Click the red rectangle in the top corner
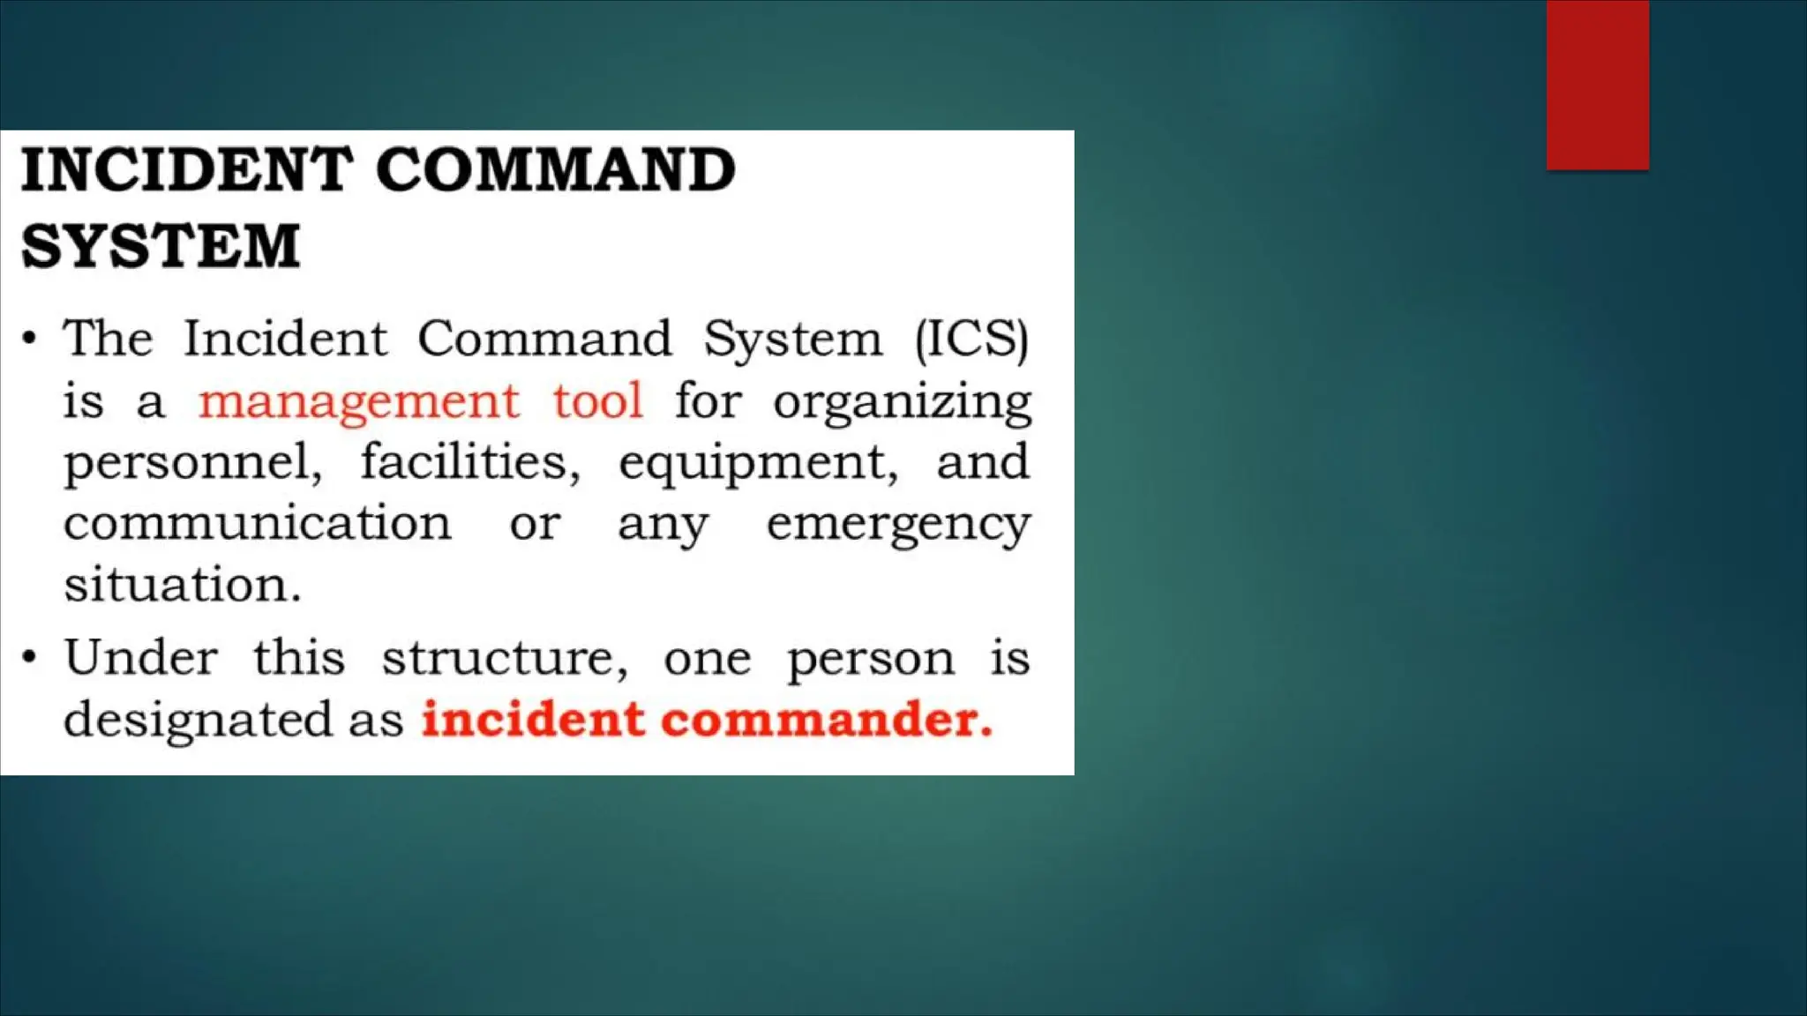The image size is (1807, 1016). (1597, 85)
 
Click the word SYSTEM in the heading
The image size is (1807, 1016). (161, 246)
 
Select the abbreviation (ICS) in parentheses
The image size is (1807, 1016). (971, 339)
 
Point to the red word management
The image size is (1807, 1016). (358, 402)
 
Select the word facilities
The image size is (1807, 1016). (469, 462)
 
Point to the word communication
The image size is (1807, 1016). (257, 523)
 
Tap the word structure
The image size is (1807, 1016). (505, 660)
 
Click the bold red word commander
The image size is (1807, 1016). (827, 720)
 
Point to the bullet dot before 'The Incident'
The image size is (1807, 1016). (30, 339)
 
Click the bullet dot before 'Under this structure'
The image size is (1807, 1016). (30, 658)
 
